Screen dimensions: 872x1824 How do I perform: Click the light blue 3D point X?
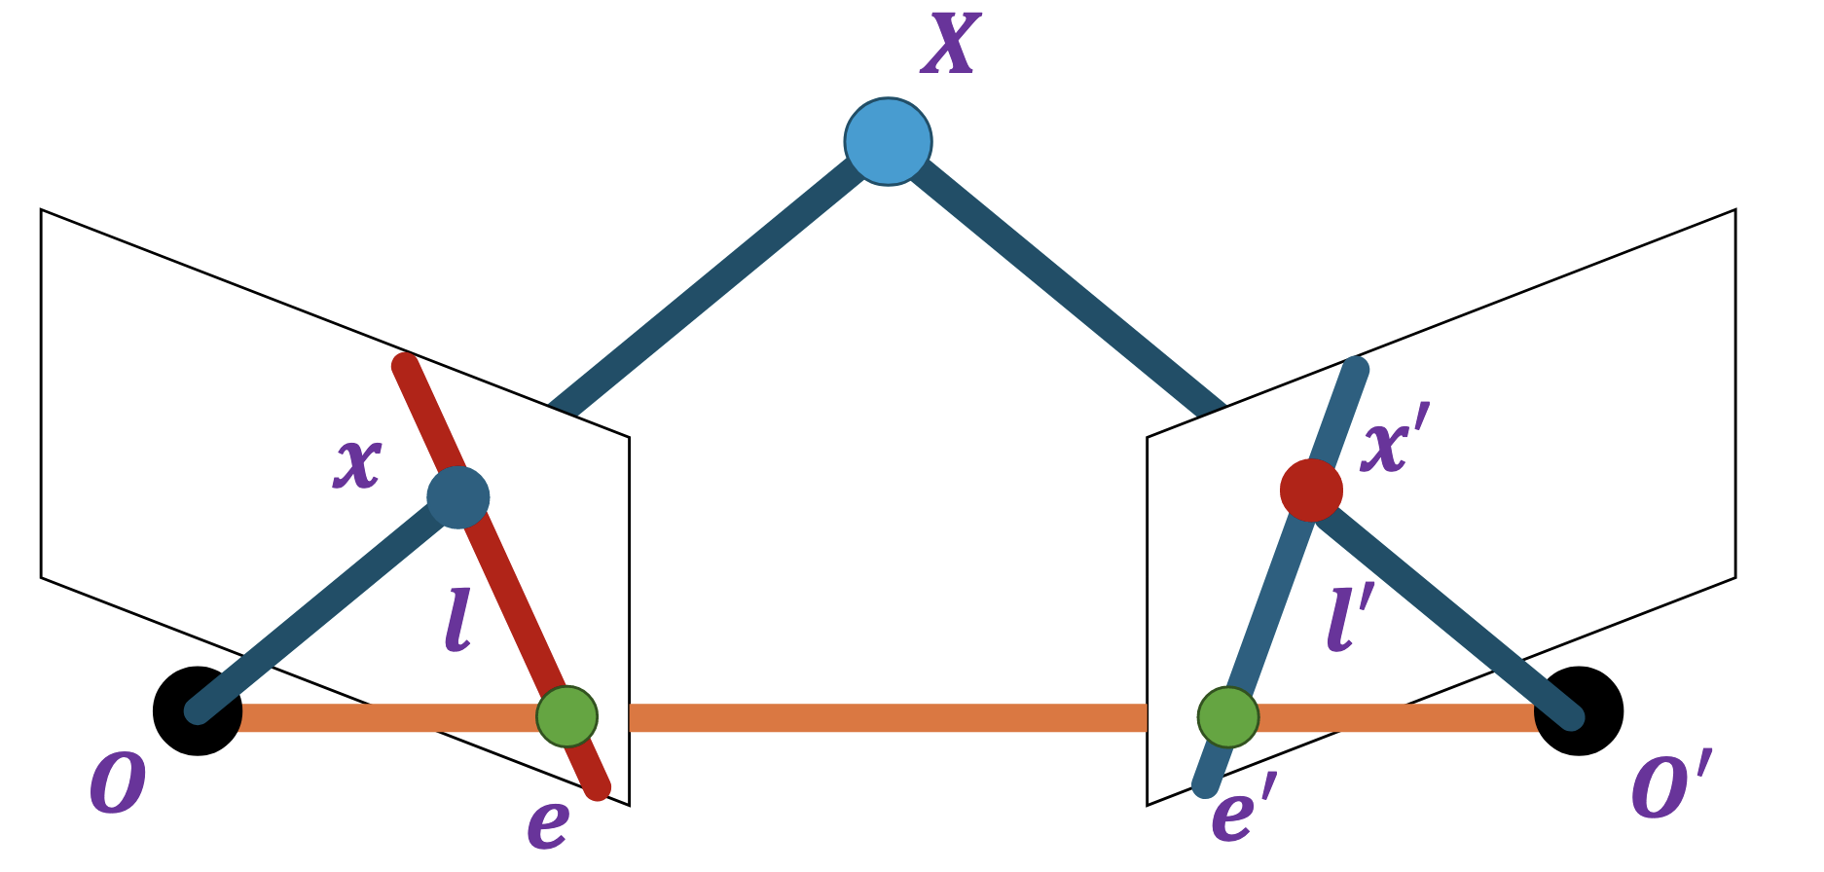[888, 142]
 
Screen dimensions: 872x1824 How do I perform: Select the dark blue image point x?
[458, 497]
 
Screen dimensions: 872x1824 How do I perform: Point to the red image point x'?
[1311, 490]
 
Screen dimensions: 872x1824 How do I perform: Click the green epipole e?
[567, 717]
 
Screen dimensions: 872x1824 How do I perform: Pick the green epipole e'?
[1227, 717]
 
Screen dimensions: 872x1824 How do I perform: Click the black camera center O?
[197, 711]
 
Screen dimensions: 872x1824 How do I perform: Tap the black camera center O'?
[1579, 711]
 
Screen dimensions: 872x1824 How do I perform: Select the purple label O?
[118, 784]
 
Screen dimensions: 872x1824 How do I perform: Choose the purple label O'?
[1670, 784]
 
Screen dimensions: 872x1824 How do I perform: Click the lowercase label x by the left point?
[357, 462]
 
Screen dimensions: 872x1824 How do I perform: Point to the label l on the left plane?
[458, 623]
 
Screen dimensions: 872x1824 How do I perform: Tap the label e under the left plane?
[548, 823]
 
